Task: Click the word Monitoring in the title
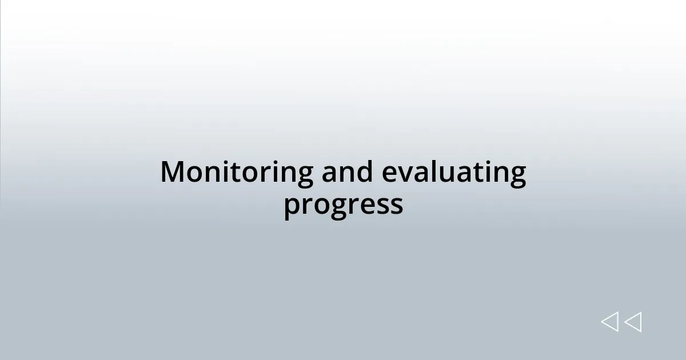tap(236, 173)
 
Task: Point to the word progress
tap(343, 205)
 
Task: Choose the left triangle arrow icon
tap(609, 322)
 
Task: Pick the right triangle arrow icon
tap(633, 322)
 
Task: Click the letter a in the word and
tap(330, 174)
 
